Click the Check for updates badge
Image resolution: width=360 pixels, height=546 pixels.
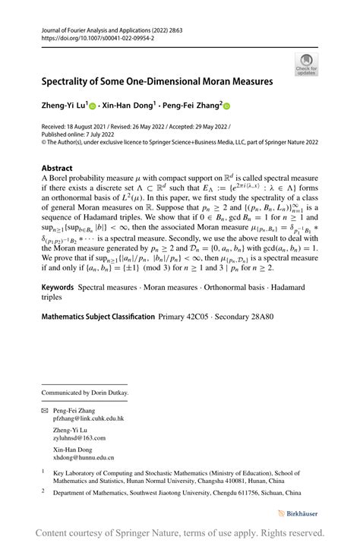point(307,64)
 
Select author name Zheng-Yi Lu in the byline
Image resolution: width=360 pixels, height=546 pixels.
point(62,106)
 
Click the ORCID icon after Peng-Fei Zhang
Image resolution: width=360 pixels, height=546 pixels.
point(226,106)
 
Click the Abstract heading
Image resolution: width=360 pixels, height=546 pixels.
point(57,168)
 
